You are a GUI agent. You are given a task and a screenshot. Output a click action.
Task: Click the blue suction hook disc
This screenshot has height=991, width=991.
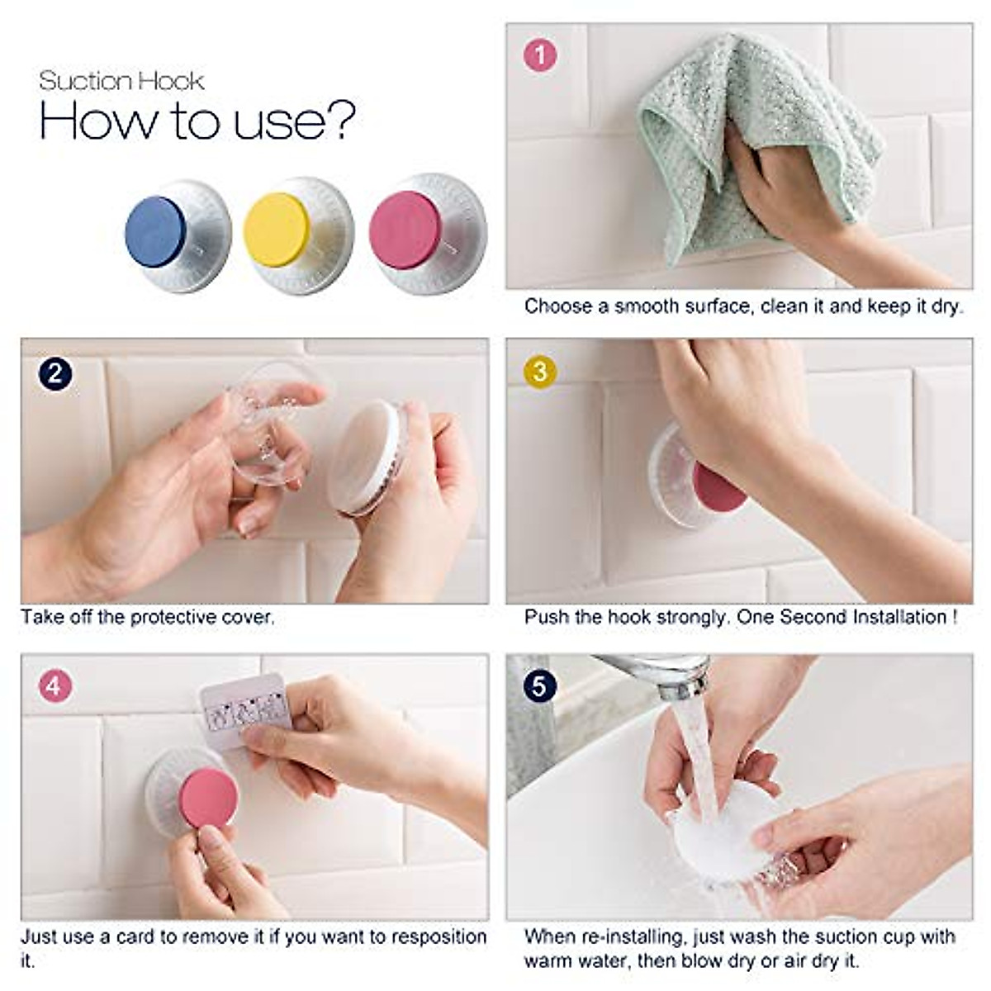click(156, 232)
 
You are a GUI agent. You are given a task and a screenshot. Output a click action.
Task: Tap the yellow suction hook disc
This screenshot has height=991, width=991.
click(277, 230)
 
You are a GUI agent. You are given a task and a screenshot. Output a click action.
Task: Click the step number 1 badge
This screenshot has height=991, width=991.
click(541, 55)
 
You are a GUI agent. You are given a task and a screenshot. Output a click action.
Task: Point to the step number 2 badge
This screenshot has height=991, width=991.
click(55, 373)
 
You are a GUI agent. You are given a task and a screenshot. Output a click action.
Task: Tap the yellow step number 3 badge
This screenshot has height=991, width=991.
click(540, 371)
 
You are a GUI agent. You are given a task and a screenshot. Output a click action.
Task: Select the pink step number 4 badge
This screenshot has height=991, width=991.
click(55, 685)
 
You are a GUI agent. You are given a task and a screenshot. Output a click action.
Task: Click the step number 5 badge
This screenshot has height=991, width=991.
click(540, 685)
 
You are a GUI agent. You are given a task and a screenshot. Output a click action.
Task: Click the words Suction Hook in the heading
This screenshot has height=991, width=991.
click(121, 81)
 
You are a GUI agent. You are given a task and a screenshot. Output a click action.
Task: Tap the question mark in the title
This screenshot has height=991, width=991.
click(339, 121)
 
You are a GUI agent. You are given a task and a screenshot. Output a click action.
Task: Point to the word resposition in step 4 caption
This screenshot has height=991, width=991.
click(439, 936)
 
